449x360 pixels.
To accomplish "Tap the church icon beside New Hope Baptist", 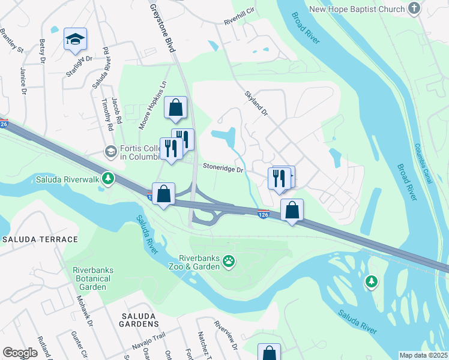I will pyautogui.click(x=414, y=8).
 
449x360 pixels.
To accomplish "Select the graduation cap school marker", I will pyautogui.click(x=75, y=40).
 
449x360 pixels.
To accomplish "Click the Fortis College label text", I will pyautogui.click(x=139, y=152).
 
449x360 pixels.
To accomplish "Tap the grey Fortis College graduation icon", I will pyautogui.click(x=110, y=152).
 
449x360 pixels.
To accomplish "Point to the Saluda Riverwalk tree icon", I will pyautogui.click(x=108, y=178).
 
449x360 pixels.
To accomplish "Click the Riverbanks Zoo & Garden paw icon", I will pyautogui.click(x=229, y=260).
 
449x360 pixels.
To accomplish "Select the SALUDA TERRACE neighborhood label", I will pyautogui.click(x=40, y=239).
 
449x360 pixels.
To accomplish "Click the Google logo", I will pyautogui.click(x=20, y=352).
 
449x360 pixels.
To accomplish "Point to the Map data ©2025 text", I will pyautogui.click(x=423, y=355).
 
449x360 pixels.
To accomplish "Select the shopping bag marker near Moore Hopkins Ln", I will pyautogui.click(x=175, y=108).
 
